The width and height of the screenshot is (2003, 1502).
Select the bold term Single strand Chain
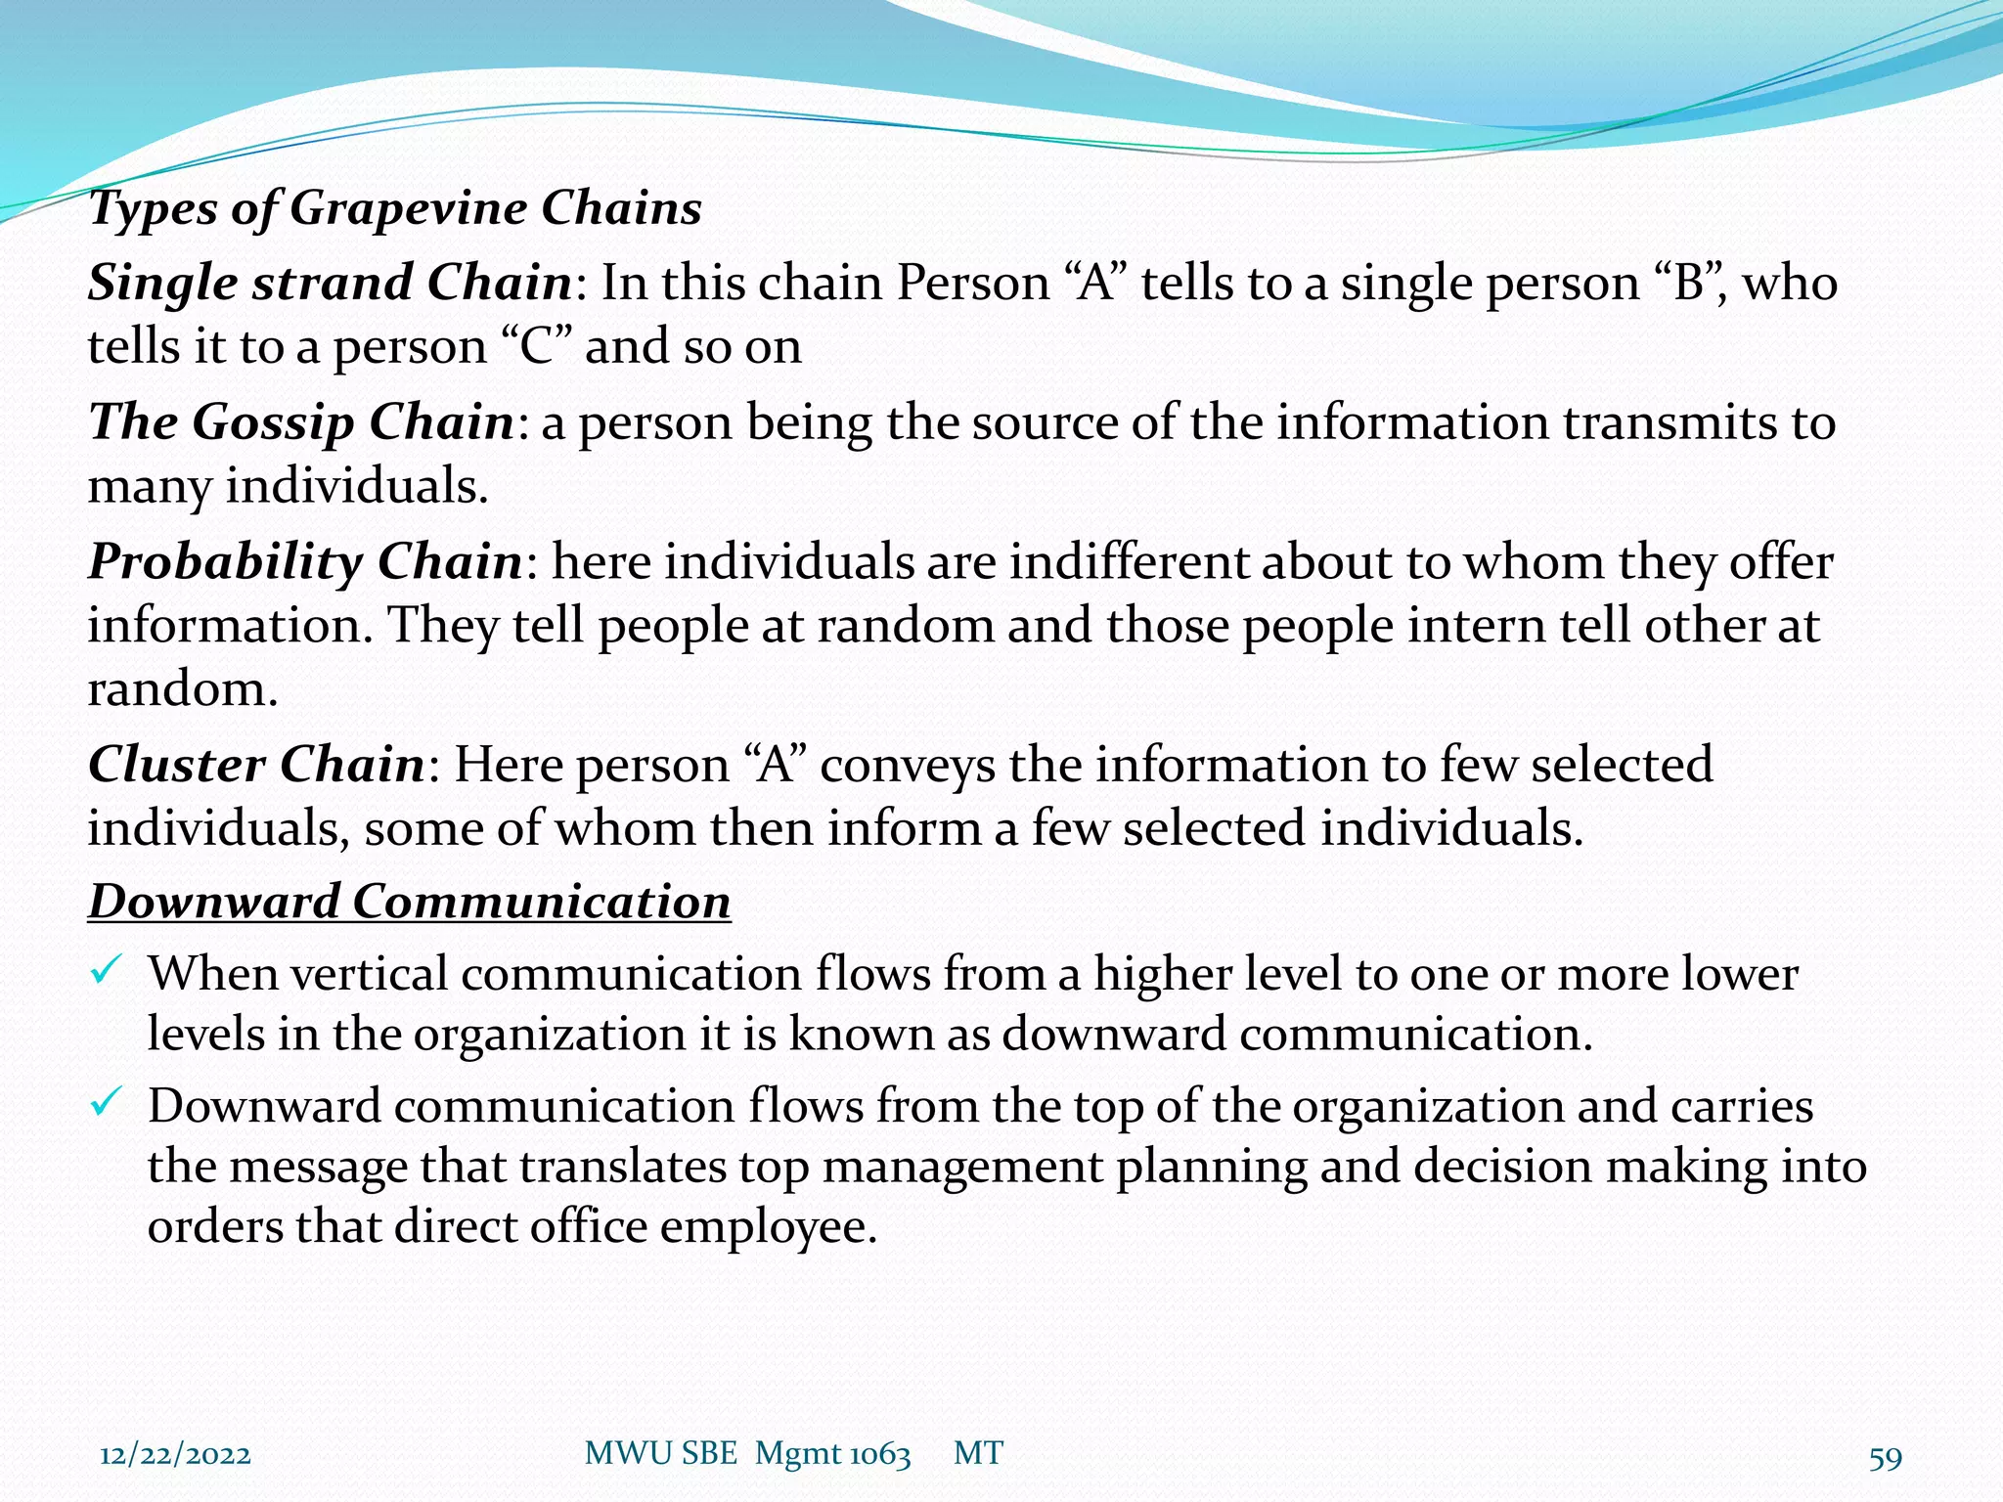point(330,284)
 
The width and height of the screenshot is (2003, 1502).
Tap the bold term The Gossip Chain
point(301,423)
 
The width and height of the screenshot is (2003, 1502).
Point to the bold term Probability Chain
point(305,563)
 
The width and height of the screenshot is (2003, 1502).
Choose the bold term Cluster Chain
point(256,766)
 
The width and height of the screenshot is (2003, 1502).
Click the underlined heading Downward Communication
point(409,902)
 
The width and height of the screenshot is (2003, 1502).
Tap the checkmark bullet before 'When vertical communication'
point(105,971)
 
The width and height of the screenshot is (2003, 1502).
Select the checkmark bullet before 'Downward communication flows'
point(105,1104)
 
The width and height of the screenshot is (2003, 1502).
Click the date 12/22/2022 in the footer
point(175,1455)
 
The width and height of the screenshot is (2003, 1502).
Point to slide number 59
point(1885,1458)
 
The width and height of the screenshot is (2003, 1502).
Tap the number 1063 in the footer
point(878,1455)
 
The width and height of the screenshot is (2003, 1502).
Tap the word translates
point(622,1167)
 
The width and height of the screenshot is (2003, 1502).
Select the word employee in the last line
point(768,1227)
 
